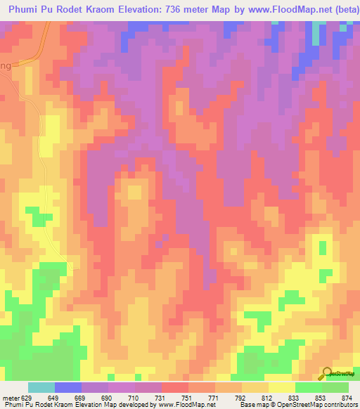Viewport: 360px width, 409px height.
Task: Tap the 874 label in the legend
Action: [346, 397]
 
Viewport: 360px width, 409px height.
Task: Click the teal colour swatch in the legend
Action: [41, 387]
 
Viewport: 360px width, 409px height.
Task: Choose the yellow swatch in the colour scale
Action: [281, 387]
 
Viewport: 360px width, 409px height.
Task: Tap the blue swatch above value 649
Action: [68, 387]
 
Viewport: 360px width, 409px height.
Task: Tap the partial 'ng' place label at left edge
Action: [6, 65]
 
